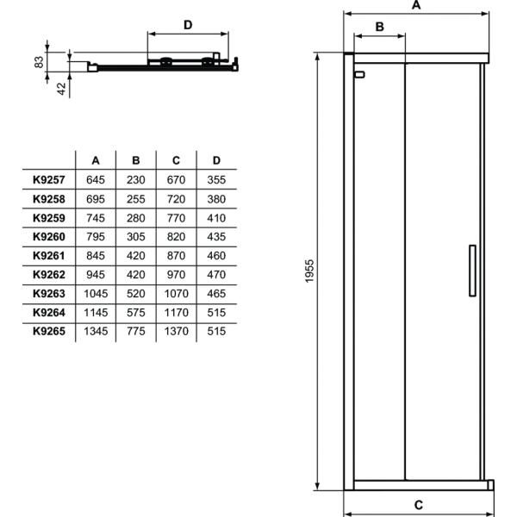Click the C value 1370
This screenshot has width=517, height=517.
pyautogui.click(x=176, y=330)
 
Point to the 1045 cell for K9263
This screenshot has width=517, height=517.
pyautogui.click(x=96, y=292)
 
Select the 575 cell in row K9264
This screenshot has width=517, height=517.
pyautogui.click(x=135, y=311)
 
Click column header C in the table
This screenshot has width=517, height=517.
pyautogui.click(x=176, y=159)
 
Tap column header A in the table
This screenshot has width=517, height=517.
pyautogui.click(x=96, y=159)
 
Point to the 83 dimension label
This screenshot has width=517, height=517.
pyautogui.click(x=39, y=62)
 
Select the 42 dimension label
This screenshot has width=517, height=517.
pyautogui.click(x=62, y=86)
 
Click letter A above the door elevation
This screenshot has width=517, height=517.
pyautogui.click(x=415, y=5)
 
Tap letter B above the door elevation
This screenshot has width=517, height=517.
pyautogui.click(x=377, y=27)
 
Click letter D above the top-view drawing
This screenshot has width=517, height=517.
pyautogui.click(x=188, y=24)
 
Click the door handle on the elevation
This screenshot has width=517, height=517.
pyautogui.click(x=471, y=271)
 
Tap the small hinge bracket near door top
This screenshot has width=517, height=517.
pyautogui.click(x=359, y=75)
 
